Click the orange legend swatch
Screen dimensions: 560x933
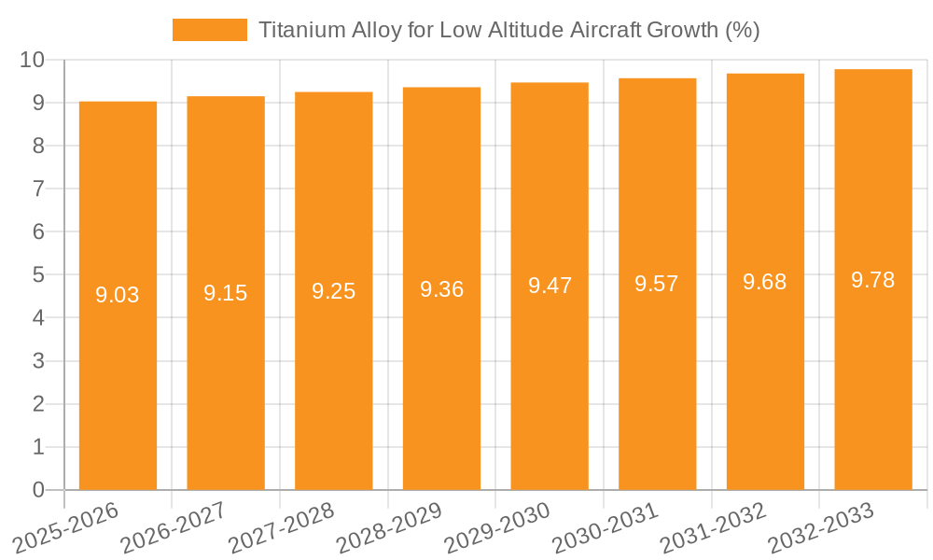point(210,30)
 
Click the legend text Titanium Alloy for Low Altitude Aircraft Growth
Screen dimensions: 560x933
point(508,30)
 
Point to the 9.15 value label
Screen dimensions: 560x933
point(226,293)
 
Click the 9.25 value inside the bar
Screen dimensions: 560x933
point(334,291)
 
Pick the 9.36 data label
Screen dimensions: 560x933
point(441,289)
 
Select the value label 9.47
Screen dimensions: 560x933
point(550,287)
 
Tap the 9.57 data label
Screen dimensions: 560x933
point(657,284)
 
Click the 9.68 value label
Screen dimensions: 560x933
point(765,282)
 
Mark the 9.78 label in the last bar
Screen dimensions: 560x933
point(873,280)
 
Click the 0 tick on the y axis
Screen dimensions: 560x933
point(38,490)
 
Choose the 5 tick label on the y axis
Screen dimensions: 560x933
point(38,275)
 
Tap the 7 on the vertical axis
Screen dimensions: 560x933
point(38,189)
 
